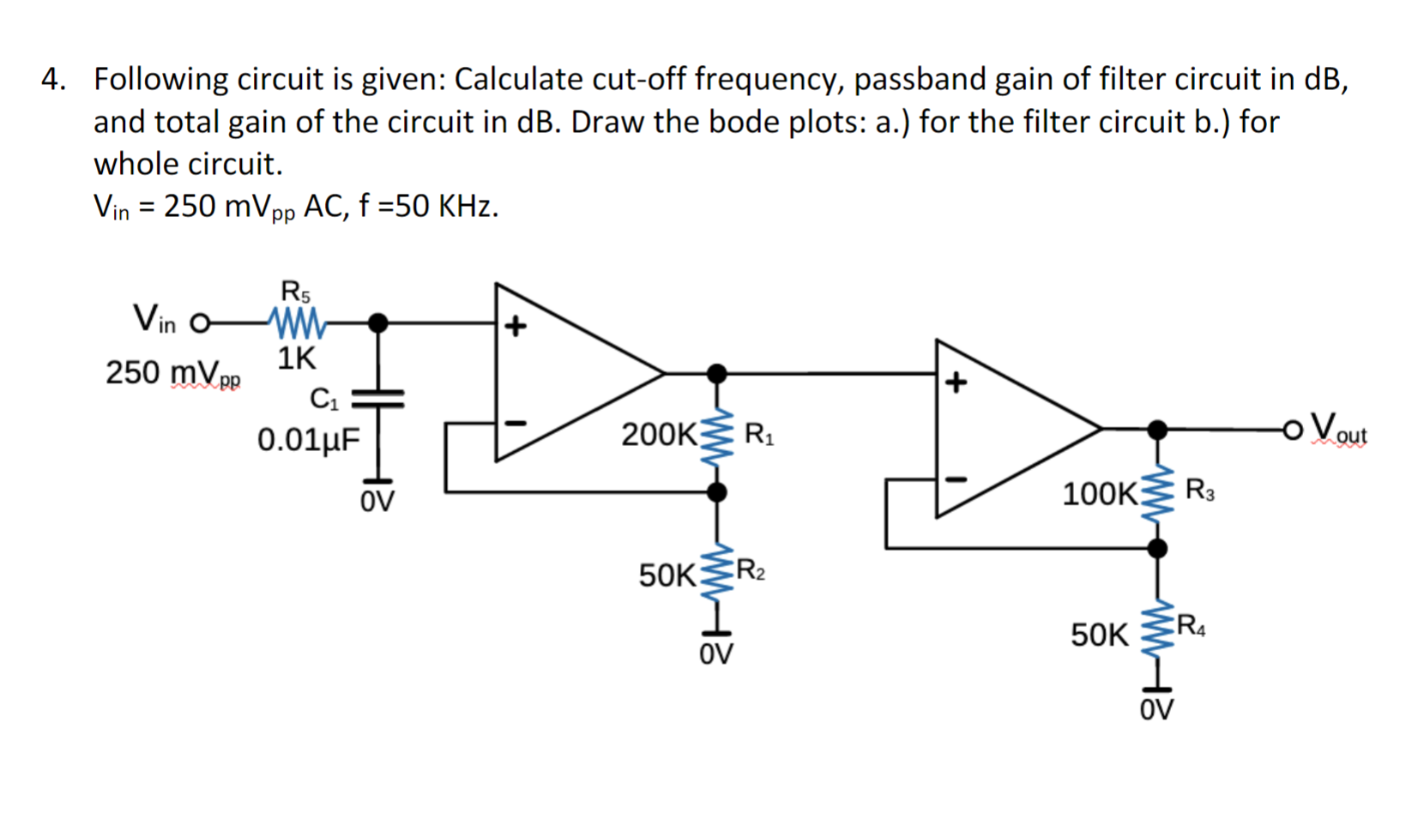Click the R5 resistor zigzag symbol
pos(297,322)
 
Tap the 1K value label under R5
pos(297,358)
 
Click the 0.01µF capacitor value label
pos(309,440)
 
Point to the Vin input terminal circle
pos(199,323)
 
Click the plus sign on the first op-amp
pos(515,326)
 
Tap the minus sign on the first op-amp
pos(515,423)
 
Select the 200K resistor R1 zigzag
pos(717,434)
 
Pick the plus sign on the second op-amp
pos(956,382)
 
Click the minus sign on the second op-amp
pos(956,479)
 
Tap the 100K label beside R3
pos(1100,494)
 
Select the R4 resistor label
pos(1191,626)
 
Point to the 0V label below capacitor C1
pos(377,502)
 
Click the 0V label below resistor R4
pos(1156,710)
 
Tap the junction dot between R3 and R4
pos(1157,547)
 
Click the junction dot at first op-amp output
pos(716,373)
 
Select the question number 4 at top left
pos(53,79)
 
